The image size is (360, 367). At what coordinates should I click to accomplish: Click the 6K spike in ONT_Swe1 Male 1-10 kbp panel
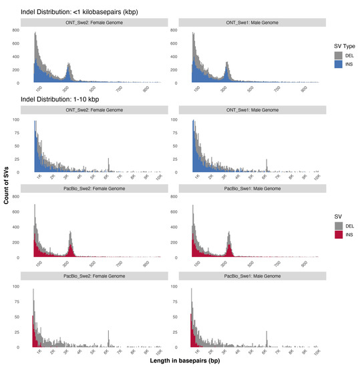[x=267, y=165]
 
